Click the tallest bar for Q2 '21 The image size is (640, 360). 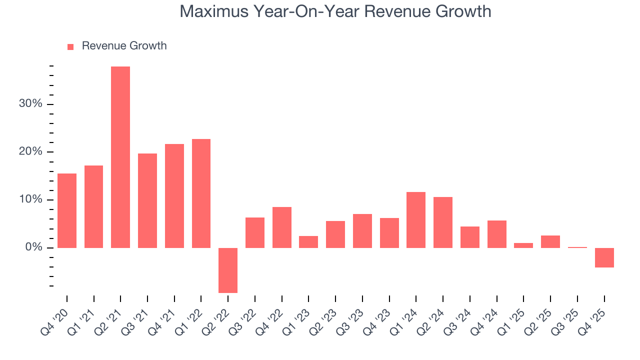point(120,157)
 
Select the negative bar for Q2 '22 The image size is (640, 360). point(228,270)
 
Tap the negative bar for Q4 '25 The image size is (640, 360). point(604,257)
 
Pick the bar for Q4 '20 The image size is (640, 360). point(67,210)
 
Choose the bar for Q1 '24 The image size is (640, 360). point(416,220)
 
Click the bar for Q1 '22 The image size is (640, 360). point(201,193)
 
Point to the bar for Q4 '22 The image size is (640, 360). point(282,227)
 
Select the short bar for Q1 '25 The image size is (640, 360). point(523,245)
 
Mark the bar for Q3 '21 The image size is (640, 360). point(147,200)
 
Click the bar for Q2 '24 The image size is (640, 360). point(443,222)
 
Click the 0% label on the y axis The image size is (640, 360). point(34,248)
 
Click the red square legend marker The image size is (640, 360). point(70,46)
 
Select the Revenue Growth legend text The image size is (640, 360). point(124,46)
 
